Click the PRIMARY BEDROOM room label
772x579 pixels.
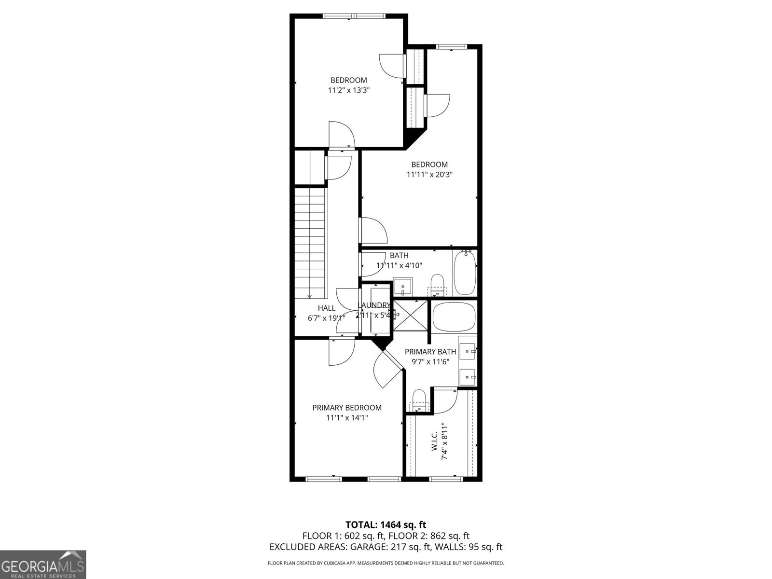pyautogui.click(x=346, y=408)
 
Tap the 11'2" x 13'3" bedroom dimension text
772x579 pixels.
pyautogui.click(x=348, y=90)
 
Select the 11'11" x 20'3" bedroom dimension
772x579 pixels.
pyautogui.click(x=429, y=175)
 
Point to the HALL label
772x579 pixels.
pyautogui.click(x=327, y=308)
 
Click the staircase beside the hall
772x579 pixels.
pyautogui.click(x=311, y=243)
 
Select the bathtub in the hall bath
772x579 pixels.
pyautogui.click(x=465, y=272)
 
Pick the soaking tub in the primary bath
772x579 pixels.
pyautogui.click(x=454, y=317)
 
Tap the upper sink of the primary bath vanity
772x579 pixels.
pyautogui.click(x=467, y=350)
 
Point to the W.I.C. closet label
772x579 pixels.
pyautogui.click(x=434, y=441)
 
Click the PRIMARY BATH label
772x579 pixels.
pyautogui.click(x=430, y=352)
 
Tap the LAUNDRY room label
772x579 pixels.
pyautogui.click(x=374, y=305)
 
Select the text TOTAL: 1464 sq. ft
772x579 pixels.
pyautogui.click(x=386, y=524)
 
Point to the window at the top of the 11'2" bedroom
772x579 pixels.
pyautogui.click(x=354, y=16)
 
